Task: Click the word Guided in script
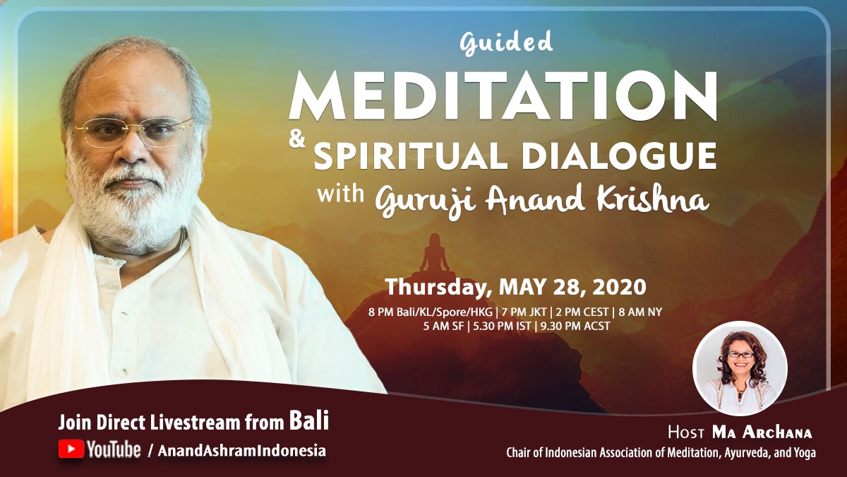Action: tap(506, 43)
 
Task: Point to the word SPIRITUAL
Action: tap(410, 156)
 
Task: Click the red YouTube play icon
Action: tap(71, 449)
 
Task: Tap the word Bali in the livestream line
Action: tap(309, 420)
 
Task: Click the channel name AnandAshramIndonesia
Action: tap(241, 451)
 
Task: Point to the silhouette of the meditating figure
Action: tap(434, 256)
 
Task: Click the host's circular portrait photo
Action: tap(740, 368)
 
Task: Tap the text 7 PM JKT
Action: tap(524, 312)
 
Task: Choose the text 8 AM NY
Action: tap(640, 312)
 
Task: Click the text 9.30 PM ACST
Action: tap(575, 326)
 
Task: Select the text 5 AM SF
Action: tap(443, 326)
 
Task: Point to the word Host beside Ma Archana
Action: tap(686, 432)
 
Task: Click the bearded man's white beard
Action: tap(133, 201)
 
